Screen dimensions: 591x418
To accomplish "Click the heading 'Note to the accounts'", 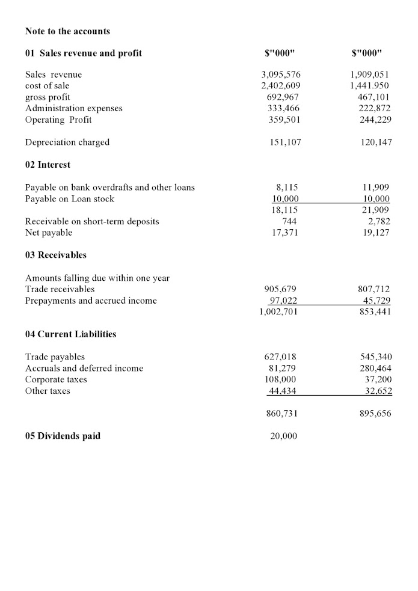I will tap(67, 31).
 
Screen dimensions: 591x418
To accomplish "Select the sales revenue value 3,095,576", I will tap(281, 75).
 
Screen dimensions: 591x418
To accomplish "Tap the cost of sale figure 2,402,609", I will tap(281, 86).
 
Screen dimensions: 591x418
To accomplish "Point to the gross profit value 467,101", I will tap(370, 97).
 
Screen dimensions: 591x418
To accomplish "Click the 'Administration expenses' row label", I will tap(73, 108).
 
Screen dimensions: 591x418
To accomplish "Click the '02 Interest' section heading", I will tap(48, 165).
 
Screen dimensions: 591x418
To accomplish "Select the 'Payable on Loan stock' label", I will tap(69, 198).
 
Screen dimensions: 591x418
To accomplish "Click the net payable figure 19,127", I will tap(373, 232).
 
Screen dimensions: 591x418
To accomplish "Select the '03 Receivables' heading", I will tap(56, 255).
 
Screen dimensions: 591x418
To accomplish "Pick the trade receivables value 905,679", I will tap(281, 289).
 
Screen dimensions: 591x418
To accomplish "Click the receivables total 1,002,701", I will tap(277, 312).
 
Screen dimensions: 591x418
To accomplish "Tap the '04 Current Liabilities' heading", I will tap(70, 334).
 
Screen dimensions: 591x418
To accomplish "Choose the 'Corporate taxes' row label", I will tap(56, 379).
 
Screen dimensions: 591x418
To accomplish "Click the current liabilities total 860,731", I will tap(282, 414).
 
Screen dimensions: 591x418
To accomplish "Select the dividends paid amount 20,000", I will tap(283, 436).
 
